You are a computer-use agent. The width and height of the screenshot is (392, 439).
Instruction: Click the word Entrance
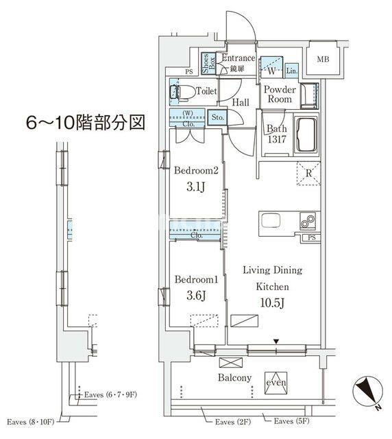click(238, 59)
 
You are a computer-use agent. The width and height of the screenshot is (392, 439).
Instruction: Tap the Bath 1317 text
click(276, 135)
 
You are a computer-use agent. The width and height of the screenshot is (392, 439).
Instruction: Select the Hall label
click(240, 102)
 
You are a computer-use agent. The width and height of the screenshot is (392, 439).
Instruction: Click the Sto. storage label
click(218, 117)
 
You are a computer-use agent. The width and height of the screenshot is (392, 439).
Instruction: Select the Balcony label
click(234, 378)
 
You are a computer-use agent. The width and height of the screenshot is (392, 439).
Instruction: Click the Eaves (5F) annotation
click(297, 420)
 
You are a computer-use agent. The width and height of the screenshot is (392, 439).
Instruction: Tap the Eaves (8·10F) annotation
click(30, 420)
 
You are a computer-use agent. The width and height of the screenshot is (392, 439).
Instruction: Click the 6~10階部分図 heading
click(86, 123)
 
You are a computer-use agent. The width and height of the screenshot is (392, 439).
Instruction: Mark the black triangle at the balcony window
click(276, 341)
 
